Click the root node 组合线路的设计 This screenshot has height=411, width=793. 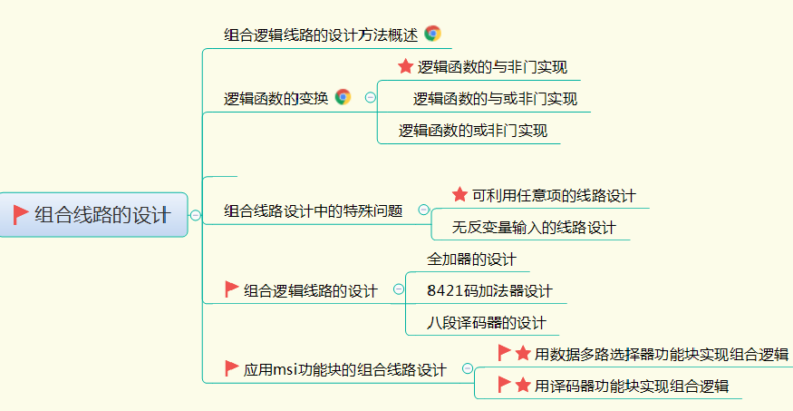pyautogui.click(x=102, y=215)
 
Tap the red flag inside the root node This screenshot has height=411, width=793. pyautogui.click(x=21, y=214)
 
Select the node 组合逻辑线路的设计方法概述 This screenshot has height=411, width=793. pyautogui.click(x=321, y=34)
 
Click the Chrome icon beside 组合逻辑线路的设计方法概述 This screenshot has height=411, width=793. pyautogui.click(x=432, y=34)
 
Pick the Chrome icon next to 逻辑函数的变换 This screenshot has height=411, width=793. pyautogui.click(x=343, y=97)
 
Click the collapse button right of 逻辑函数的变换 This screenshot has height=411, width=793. pyautogui.click(x=370, y=97)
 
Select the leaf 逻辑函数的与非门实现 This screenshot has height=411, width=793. pyautogui.click(x=492, y=67)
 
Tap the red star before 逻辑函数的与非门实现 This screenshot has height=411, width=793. pyautogui.click(x=405, y=66)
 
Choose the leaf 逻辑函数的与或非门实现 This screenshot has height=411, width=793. pyautogui.click(x=495, y=99)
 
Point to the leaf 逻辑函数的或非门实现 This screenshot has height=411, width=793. pyautogui.click(x=472, y=131)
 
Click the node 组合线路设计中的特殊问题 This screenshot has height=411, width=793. pyautogui.click(x=314, y=211)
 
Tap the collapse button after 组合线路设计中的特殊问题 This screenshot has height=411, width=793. pyautogui.click(x=423, y=210)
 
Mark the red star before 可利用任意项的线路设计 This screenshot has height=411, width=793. pyautogui.click(x=459, y=195)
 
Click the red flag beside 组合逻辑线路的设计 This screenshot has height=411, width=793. pyautogui.click(x=232, y=289)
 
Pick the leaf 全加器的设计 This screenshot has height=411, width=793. pyautogui.click(x=471, y=259)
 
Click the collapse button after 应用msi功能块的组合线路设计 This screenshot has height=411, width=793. pyautogui.click(x=468, y=368)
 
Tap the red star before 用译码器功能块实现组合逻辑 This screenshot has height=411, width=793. pyautogui.click(x=523, y=385)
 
